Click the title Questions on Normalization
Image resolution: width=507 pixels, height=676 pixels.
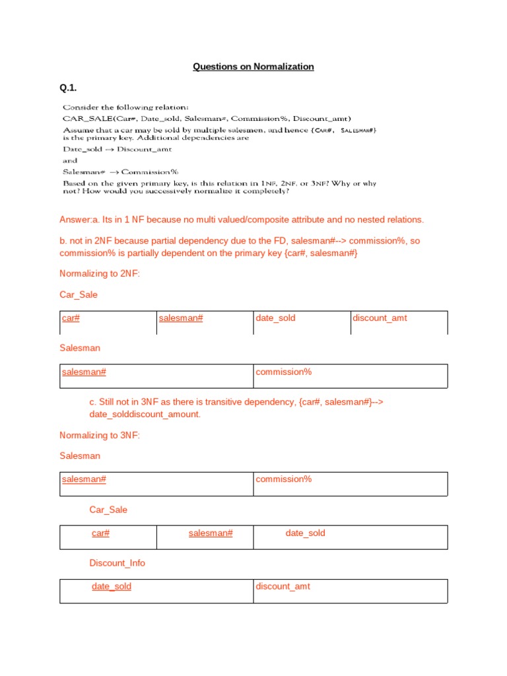[253, 67]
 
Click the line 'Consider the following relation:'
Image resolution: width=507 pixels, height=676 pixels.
[125, 107]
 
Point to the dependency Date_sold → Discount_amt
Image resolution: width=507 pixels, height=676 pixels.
[117, 149]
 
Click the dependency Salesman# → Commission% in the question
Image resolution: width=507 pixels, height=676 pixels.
[120, 172]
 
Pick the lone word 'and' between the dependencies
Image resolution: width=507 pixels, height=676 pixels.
[70, 160]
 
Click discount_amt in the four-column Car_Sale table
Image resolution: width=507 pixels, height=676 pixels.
[380, 318]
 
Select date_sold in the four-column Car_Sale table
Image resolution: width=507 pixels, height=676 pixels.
[275, 318]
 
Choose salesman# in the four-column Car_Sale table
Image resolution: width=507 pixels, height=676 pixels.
[180, 318]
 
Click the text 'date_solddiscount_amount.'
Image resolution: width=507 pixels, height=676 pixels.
[145, 414]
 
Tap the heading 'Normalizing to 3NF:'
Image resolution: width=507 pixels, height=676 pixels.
[100, 435]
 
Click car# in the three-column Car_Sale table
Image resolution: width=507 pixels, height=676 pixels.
[100, 533]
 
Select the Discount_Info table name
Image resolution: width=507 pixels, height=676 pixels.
[117, 563]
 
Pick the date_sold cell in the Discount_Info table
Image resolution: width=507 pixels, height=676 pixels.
[111, 586]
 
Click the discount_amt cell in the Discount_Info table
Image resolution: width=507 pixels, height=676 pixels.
[283, 586]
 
